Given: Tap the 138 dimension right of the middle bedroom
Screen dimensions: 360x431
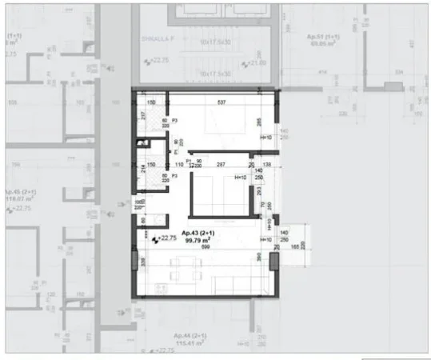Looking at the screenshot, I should (267, 163).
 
